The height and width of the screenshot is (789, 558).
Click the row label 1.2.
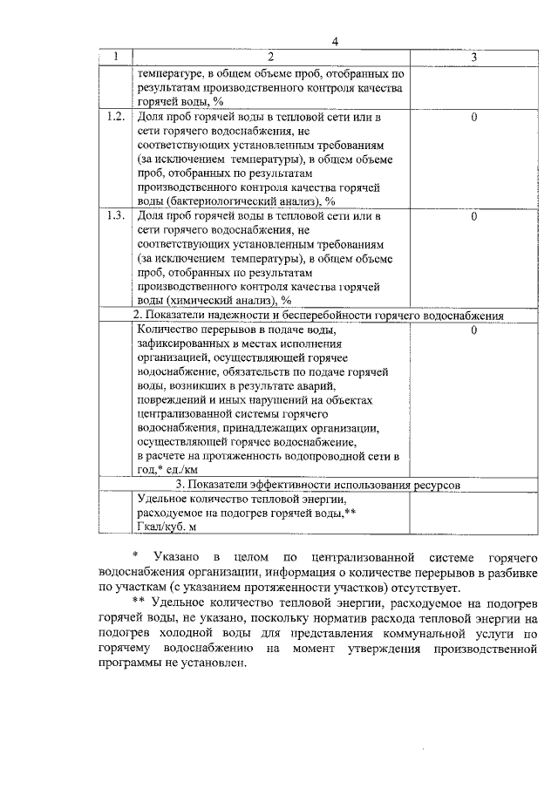point(115,116)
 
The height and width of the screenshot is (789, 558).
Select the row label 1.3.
point(115,215)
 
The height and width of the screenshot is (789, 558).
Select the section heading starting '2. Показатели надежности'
point(318,315)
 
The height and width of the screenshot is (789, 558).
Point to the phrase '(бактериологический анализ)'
point(235,201)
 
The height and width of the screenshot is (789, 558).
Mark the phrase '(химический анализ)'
point(211,301)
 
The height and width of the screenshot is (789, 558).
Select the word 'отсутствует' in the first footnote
point(412,588)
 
